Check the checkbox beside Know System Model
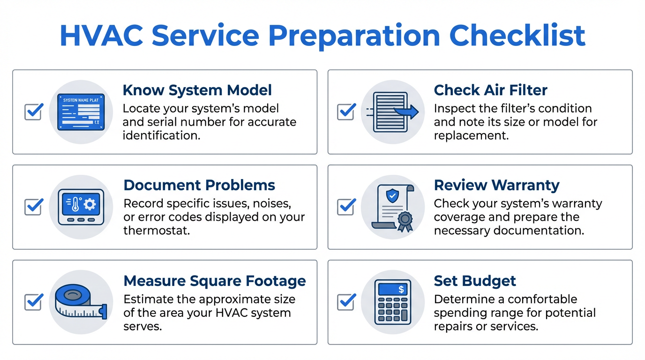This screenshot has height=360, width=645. [x=33, y=112]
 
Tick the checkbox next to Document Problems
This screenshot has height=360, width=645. [x=33, y=207]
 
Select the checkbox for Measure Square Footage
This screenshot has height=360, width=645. [x=33, y=302]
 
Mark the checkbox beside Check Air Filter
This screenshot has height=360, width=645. [x=346, y=112]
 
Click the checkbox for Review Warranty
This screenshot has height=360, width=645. [x=346, y=207]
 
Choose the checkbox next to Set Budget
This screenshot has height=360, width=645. [x=346, y=302]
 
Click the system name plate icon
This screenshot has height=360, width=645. [x=81, y=112]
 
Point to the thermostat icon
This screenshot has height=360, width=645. [x=81, y=207]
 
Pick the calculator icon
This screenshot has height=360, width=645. [x=393, y=302]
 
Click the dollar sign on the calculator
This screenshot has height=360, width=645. [x=401, y=290]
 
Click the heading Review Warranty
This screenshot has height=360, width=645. [x=496, y=185]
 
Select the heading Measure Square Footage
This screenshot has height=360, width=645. [x=214, y=281]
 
